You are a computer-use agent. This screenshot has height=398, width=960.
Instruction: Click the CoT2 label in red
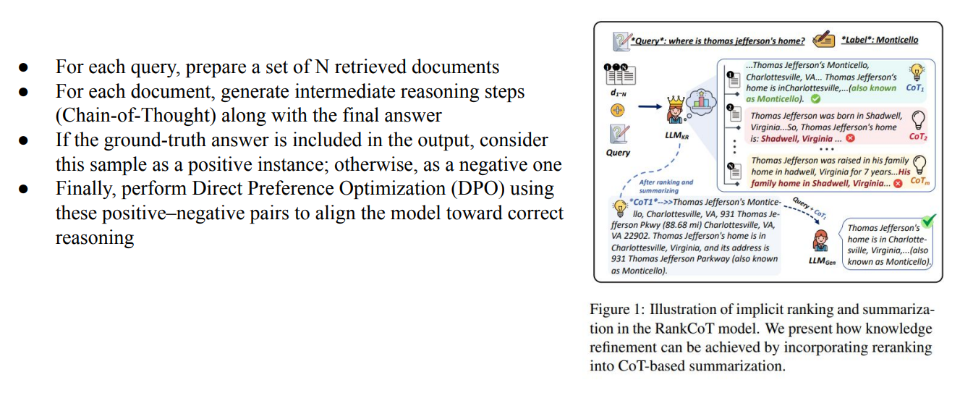tap(917, 137)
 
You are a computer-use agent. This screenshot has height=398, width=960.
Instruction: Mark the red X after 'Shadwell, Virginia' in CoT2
tap(849, 138)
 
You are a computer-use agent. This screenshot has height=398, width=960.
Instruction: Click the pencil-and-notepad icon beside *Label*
tap(822, 41)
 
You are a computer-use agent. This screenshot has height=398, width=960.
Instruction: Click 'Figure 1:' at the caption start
tap(615, 310)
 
